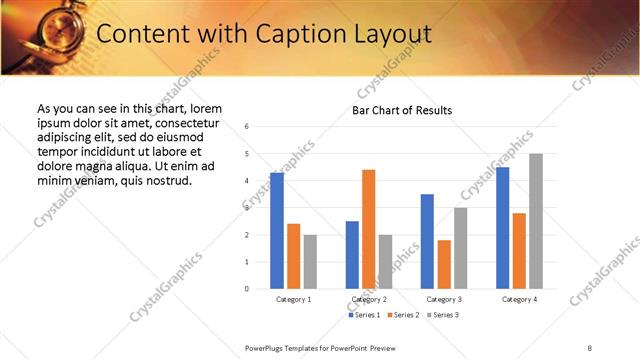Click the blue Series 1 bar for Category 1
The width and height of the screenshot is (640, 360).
(276, 231)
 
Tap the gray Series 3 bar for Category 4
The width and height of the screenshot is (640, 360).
(536, 221)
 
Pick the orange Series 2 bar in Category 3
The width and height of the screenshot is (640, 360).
(444, 264)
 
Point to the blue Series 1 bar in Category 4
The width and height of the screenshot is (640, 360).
(502, 228)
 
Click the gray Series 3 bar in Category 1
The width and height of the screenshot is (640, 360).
(310, 262)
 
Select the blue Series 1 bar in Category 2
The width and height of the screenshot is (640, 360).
(352, 255)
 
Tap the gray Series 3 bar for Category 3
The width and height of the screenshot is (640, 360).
(460, 248)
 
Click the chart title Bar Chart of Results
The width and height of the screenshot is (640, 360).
(402, 110)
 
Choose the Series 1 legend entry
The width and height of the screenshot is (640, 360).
(362, 315)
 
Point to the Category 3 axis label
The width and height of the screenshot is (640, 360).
(443, 299)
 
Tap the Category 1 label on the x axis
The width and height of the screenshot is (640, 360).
(293, 299)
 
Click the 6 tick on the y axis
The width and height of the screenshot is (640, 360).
(247, 126)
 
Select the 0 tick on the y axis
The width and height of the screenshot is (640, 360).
(247, 289)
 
